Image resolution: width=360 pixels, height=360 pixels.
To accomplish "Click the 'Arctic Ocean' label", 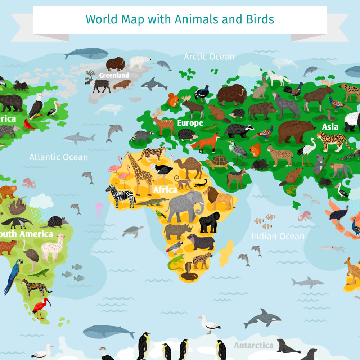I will (x=209, y=57).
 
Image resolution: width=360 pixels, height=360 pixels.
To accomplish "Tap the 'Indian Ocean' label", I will (x=278, y=237).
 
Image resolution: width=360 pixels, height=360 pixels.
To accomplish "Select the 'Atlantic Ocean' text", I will (x=58, y=157).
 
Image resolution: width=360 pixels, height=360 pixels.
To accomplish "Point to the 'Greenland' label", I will (x=114, y=76).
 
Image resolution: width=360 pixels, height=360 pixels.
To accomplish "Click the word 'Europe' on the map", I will (x=190, y=123).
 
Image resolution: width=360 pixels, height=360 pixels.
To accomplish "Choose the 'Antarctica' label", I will (x=253, y=346).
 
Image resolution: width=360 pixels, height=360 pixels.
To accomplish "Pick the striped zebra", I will (x=121, y=195).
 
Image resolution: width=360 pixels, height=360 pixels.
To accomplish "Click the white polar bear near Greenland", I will (x=140, y=62).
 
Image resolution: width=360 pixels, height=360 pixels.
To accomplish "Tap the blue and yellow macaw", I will (x=13, y=275).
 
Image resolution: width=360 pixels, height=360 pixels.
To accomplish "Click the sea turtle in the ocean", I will (x=132, y=231).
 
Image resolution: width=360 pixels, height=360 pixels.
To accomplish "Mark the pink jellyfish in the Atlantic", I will (x=99, y=209).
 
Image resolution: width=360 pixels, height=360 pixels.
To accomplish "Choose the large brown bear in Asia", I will (x=296, y=131).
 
